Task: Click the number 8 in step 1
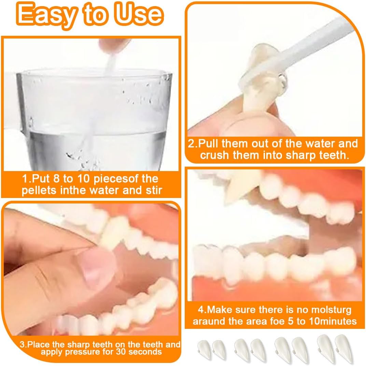coord(56,179)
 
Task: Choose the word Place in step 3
coord(38,345)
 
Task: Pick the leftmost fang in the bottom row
coord(204,349)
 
